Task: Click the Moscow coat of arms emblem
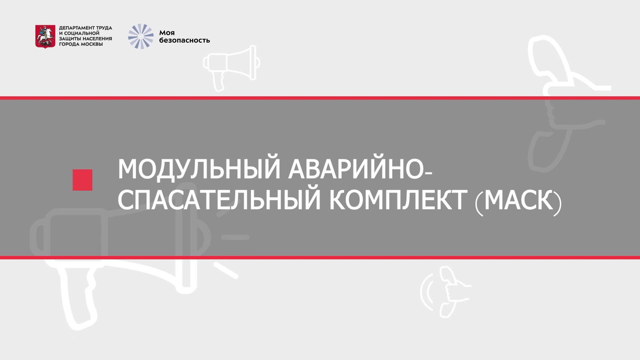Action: (45, 36)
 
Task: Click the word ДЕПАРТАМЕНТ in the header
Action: (73, 28)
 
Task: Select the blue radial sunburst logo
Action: (141, 36)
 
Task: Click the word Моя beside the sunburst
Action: (167, 33)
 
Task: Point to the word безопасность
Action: (184, 41)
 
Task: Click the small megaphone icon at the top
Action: (231, 67)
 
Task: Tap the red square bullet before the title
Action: (82, 180)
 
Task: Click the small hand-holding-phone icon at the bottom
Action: (447, 292)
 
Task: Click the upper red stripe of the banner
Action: (320, 98)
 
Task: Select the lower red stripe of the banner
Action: (320, 258)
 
